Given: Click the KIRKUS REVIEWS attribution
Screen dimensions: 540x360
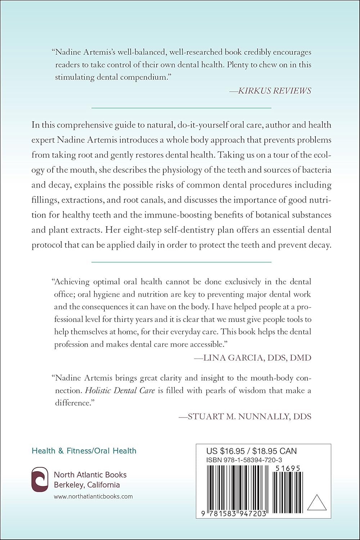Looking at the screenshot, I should point(270,90).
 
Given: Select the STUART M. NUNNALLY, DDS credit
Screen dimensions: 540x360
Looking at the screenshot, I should point(245,416).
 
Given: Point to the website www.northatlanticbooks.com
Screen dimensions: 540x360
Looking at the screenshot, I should point(93,496).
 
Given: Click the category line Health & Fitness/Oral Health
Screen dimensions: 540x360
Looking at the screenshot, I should point(84,450).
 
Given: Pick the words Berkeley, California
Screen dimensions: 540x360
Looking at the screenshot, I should point(87,485).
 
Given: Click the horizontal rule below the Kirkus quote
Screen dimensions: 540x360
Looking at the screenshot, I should point(181,108).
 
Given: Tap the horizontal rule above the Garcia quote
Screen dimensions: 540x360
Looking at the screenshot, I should point(181,262).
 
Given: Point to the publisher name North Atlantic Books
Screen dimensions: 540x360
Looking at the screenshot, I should point(90,474).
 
